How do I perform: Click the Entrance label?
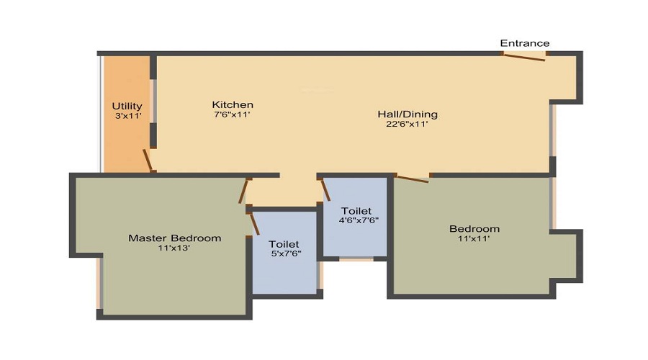(x=525, y=43)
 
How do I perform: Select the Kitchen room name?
(x=232, y=104)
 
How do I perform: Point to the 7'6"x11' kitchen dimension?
(x=232, y=114)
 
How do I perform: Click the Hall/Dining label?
(x=408, y=114)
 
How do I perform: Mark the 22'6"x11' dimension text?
(x=408, y=124)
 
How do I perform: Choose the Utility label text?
(x=127, y=106)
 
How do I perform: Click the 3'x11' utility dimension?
(x=127, y=115)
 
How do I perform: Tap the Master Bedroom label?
(x=174, y=238)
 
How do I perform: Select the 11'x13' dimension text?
(x=174, y=248)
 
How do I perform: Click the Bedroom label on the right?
(x=474, y=229)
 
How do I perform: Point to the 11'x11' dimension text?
(x=474, y=239)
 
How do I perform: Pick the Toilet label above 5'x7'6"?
(x=284, y=244)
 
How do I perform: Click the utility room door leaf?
(x=148, y=161)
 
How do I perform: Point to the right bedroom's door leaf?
(x=413, y=179)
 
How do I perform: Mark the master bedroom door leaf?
(x=244, y=192)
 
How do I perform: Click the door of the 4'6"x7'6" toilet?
(x=325, y=189)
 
